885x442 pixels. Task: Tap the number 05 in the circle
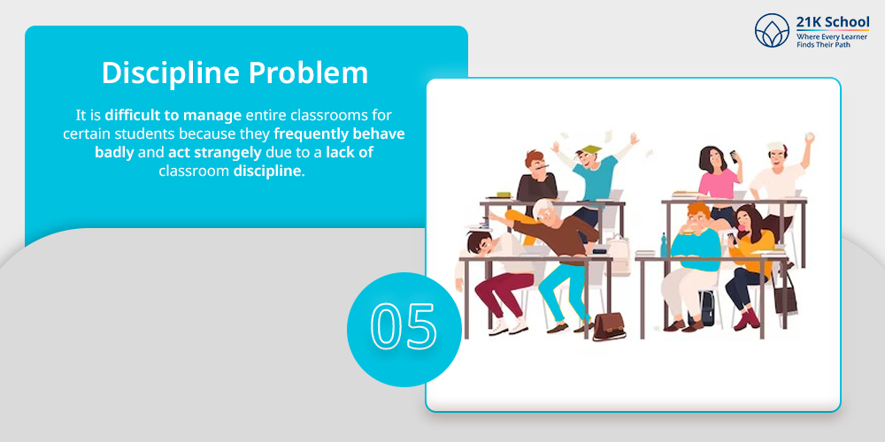[404, 326]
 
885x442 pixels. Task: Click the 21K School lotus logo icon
[772, 30]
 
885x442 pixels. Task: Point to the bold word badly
[114, 152]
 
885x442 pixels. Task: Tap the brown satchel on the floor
[609, 326]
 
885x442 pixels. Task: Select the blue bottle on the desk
[663, 245]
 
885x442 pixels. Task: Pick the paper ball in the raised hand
[810, 136]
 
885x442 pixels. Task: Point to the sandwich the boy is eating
[689, 230]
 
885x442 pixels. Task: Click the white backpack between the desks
[618, 255]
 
